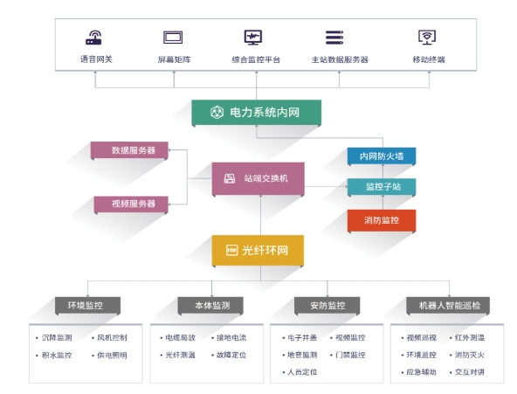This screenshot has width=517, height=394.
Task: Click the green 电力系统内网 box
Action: coord(256,113)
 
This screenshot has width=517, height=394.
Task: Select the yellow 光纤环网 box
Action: coord(258,250)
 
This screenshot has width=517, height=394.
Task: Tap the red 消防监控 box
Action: coord(382,220)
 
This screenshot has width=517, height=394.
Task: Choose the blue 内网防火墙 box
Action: coord(382,156)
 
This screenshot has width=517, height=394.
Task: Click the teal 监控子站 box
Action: coord(382,187)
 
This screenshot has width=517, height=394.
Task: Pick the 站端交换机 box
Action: coord(258,178)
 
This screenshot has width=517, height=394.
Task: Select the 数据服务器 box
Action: coord(129,150)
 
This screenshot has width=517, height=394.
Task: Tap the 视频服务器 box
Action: coord(131,204)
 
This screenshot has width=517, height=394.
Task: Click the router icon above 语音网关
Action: coord(94,38)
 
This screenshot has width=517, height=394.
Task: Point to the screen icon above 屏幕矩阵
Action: coord(173,38)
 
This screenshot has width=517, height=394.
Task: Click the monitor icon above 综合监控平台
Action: coord(253,38)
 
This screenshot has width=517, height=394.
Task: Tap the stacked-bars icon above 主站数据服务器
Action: coord(334,38)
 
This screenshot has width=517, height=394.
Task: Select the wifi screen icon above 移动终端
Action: coord(427,38)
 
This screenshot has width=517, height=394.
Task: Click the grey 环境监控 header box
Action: coord(87,305)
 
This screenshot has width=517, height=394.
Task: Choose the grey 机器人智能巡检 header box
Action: coord(448,305)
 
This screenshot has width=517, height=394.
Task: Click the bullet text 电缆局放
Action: coord(181,337)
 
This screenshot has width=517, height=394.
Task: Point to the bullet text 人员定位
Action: coord(302,372)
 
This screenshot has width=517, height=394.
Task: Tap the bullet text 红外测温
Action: coord(470,337)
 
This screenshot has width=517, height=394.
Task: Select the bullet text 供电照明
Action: coord(112,355)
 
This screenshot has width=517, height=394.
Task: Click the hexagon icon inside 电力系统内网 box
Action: coord(217,112)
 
